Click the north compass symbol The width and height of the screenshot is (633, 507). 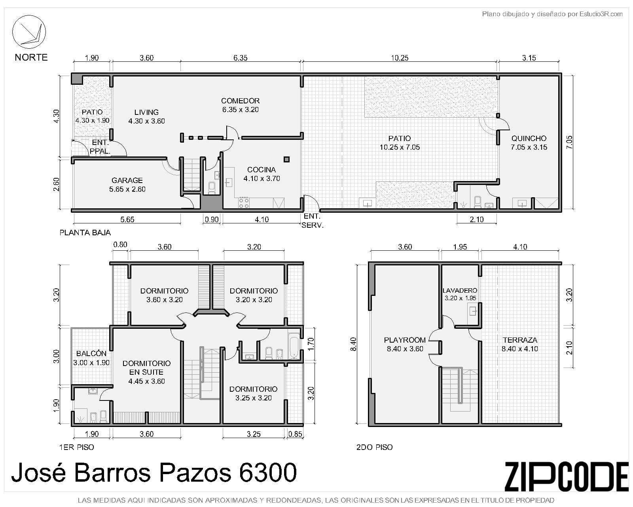pyautogui.click(x=29, y=32)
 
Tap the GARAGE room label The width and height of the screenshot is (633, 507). pyautogui.click(x=127, y=180)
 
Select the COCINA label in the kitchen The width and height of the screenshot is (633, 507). pyautogui.click(x=262, y=170)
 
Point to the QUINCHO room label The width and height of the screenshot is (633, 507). pyautogui.click(x=529, y=138)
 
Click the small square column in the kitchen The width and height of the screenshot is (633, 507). pyautogui.click(x=286, y=159)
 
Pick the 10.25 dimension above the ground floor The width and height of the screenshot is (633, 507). pyautogui.click(x=400, y=58)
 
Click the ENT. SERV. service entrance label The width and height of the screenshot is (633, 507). pyautogui.click(x=313, y=221)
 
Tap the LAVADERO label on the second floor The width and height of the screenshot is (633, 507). pyautogui.click(x=460, y=291)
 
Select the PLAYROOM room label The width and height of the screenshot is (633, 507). pyautogui.click(x=405, y=340)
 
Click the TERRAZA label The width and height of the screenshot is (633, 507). pyautogui.click(x=520, y=340)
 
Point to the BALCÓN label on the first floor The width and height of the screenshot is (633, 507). pyautogui.click(x=91, y=354)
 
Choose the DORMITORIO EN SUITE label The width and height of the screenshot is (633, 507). pyautogui.click(x=146, y=368)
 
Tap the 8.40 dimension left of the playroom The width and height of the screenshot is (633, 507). pyautogui.click(x=353, y=344)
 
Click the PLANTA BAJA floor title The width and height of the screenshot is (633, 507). pyautogui.click(x=85, y=233)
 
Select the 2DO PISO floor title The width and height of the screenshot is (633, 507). pyautogui.click(x=374, y=447)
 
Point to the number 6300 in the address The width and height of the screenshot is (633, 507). pyautogui.click(x=267, y=473)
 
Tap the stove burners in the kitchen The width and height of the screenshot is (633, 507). pyautogui.click(x=244, y=203)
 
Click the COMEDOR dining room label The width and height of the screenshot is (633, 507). pyautogui.click(x=240, y=101)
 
